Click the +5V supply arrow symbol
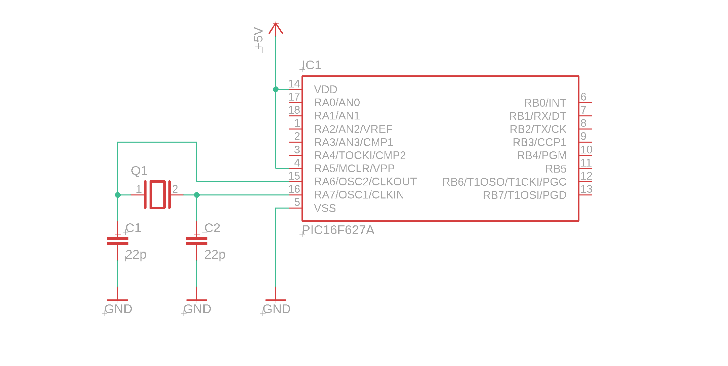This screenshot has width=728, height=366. click(276, 28)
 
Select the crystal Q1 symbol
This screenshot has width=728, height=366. click(157, 195)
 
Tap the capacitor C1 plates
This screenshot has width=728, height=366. click(118, 241)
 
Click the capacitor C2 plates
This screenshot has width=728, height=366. click(197, 241)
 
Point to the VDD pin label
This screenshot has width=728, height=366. click(325, 89)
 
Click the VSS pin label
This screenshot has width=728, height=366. click(325, 208)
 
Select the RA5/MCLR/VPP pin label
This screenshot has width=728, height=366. click(354, 169)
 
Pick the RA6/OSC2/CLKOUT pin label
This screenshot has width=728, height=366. click(365, 182)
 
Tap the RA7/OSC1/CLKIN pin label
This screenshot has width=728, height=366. click(359, 195)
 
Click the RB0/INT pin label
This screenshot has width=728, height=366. click(545, 103)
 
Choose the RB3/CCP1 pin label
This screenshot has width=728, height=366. click(539, 142)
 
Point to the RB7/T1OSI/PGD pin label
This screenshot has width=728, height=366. click(524, 195)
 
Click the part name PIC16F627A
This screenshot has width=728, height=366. click(338, 230)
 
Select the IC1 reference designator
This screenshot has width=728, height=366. click(312, 65)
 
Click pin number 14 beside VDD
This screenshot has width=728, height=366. click(294, 84)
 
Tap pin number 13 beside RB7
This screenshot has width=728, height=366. click(586, 189)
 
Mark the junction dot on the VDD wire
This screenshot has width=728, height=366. click(276, 89)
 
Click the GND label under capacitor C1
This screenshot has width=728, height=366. click(118, 309)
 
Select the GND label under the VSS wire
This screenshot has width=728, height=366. click(277, 309)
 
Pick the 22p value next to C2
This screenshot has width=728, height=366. click(215, 254)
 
